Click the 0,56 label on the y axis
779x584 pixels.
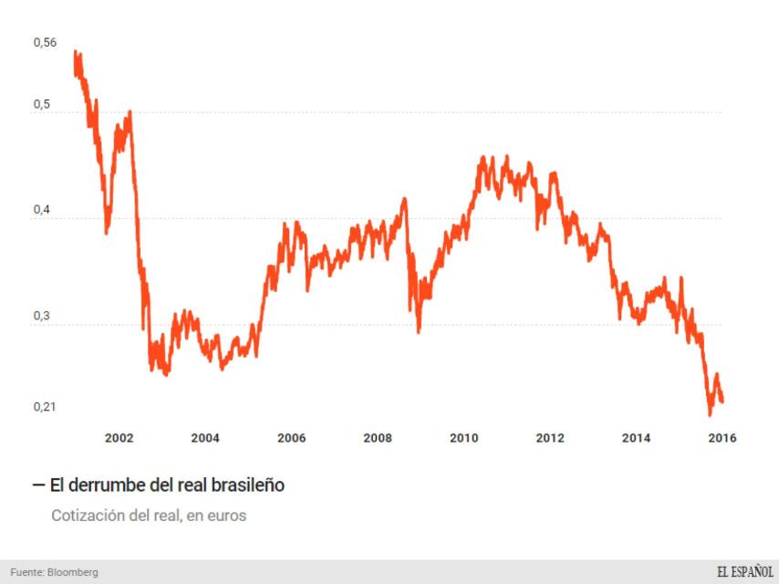coord(45,43)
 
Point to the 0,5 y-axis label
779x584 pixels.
coord(42,104)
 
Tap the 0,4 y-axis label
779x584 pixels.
coord(42,210)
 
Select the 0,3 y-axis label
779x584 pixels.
coord(42,316)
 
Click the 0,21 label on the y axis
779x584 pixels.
coord(45,407)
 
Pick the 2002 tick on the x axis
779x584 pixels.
coord(119,438)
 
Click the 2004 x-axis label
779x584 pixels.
coord(205,438)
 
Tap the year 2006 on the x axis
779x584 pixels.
coord(292,438)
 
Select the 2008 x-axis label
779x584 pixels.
coord(378,438)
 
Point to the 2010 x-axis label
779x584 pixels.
coord(464,438)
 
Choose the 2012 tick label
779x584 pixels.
coord(550,438)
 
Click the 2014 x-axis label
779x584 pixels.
coord(637,438)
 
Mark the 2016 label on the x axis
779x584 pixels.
coord(722,438)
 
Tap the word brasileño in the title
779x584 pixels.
coord(246,485)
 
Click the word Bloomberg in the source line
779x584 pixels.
coord(74,572)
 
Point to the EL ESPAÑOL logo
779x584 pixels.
coord(744,571)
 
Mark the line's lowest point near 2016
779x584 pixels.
coord(710,415)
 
